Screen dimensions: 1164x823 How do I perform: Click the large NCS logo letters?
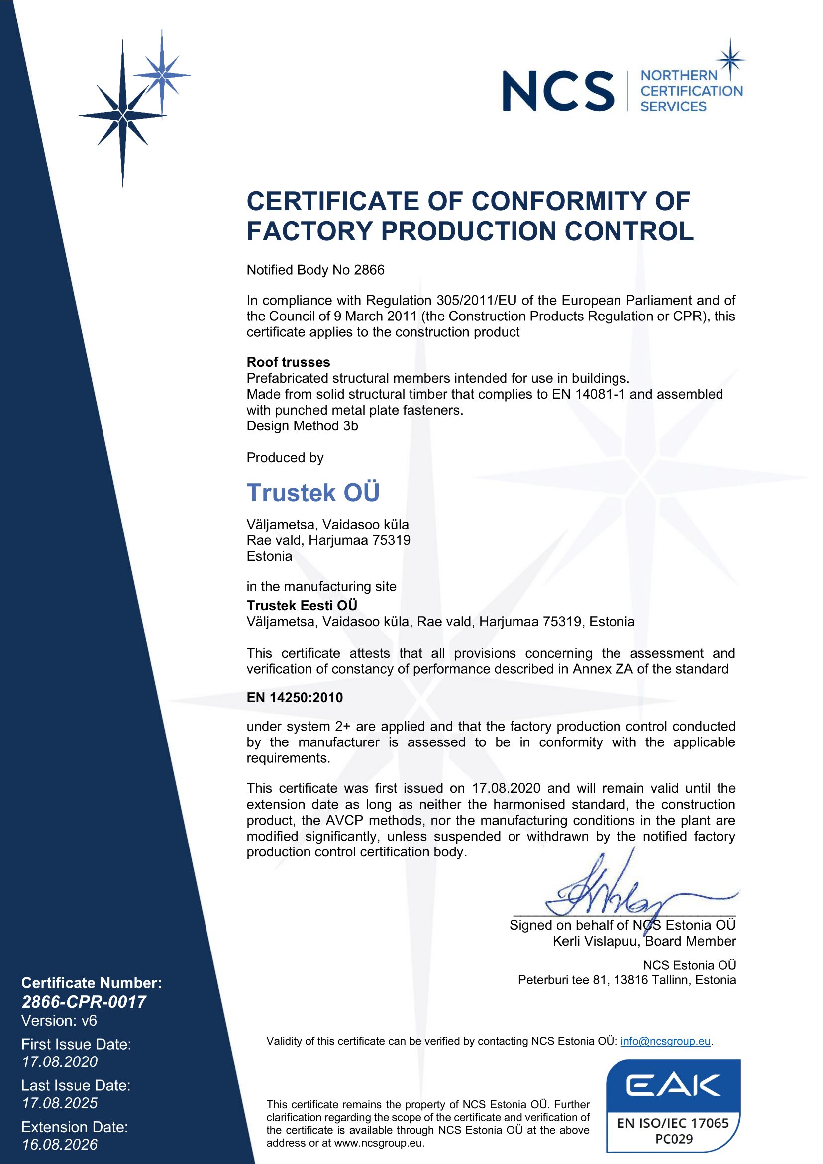[557, 91]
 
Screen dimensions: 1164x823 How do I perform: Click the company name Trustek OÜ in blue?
[312, 492]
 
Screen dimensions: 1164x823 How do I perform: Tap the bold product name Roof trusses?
[288, 362]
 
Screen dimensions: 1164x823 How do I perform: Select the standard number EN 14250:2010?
[295, 698]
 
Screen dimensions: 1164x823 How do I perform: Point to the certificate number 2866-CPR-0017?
[84, 1002]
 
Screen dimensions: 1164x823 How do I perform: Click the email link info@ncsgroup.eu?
[665, 1041]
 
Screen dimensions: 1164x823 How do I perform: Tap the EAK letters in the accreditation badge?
[673, 1086]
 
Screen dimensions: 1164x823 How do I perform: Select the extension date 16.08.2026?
[60, 1144]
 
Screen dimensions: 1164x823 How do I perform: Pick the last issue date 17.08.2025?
[60, 1103]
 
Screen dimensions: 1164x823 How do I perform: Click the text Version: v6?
[59, 1021]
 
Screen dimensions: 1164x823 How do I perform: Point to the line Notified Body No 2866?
[315, 270]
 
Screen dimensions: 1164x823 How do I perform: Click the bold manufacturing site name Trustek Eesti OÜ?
[302, 605]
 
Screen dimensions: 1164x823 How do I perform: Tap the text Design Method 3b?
[302, 426]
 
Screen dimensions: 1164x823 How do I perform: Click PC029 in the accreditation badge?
[674, 1139]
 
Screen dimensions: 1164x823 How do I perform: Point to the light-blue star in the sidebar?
[162, 75]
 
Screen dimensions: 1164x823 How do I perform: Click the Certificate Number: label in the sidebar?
[91, 983]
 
